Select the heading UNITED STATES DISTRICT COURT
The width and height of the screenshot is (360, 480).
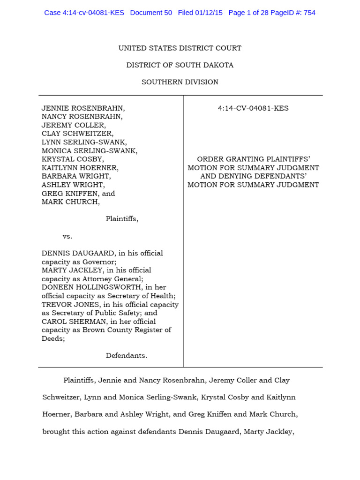(x=180, y=48)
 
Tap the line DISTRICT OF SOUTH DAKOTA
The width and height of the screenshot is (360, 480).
(x=180, y=65)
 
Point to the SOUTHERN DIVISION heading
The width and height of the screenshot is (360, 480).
(x=180, y=82)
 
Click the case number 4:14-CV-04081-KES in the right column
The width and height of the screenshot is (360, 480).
(x=253, y=108)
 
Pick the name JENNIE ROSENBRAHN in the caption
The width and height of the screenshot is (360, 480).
(x=83, y=108)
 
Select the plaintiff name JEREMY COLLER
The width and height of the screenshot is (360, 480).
(x=74, y=125)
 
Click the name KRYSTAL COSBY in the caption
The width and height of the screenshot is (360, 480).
(x=72, y=159)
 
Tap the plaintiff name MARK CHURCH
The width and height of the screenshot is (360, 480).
(x=70, y=202)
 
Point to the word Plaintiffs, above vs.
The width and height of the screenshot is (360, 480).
(x=122, y=219)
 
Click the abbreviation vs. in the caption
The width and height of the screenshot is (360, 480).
(x=67, y=236)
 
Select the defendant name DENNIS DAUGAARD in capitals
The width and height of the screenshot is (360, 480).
(x=75, y=253)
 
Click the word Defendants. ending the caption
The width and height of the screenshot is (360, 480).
(x=127, y=355)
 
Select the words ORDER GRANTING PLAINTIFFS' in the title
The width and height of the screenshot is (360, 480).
(x=253, y=159)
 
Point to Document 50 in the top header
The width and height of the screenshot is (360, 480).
(x=151, y=13)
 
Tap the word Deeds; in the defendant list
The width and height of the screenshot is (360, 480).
(x=53, y=338)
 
